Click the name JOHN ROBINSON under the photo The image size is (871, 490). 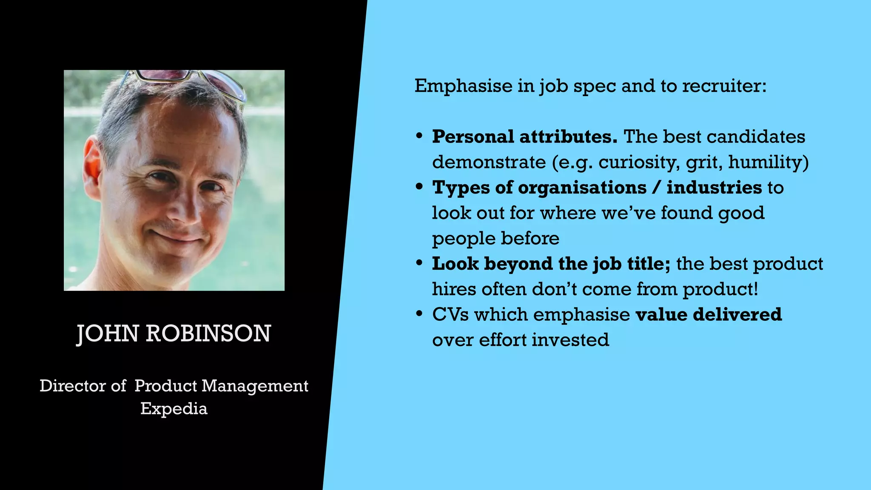pos(174,333)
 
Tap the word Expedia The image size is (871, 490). pos(174,409)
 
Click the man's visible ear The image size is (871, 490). pos(93,168)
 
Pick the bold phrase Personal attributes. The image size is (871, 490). pos(525,137)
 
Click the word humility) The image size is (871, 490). pos(768,162)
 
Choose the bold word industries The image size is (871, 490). pos(714,188)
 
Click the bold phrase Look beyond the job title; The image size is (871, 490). pos(551,264)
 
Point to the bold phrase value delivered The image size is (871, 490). pos(709,315)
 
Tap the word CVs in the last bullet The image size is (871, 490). pos(450,315)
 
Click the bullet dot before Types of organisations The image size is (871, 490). pos(419,187)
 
